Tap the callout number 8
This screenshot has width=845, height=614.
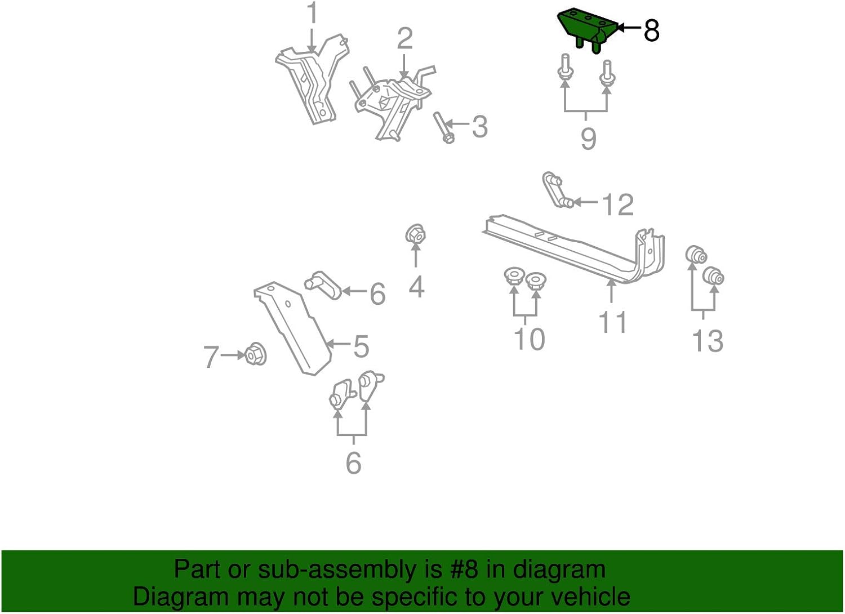click(651, 30)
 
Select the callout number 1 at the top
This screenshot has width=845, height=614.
click(312, 14)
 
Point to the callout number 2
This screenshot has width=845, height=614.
click(404, 39)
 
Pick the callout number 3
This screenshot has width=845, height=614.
click(479, 127)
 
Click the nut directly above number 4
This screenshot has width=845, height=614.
click(416, 234)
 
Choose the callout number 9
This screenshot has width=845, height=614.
click(588, 139)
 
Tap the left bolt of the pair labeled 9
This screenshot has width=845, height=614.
click(565, 70)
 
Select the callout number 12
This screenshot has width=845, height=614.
click(618, 204)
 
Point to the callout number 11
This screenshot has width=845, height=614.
click(612, 323)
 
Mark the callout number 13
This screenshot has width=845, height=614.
click(708, 341)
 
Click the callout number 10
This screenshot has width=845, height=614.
click(529, 339)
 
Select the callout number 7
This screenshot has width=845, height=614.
click(211, 357)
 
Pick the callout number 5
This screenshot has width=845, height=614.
click(361, 346)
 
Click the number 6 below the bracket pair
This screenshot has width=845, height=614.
click(353, 462)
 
